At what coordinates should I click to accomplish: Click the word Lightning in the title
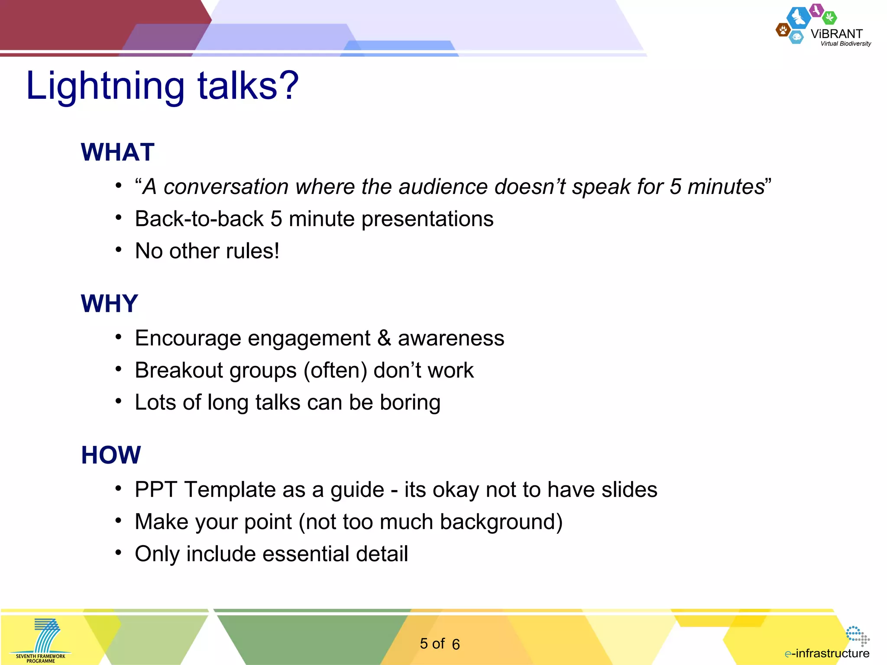[x=105, y=85]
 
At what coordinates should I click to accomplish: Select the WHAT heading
[x=117, y=152]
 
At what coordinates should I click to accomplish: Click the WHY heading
[x=109, y=303]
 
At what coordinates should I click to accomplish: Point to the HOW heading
[x=111, y=455]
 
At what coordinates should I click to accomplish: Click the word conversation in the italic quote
[x=226, y=187]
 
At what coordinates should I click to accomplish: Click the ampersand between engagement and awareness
[x=384, y=338]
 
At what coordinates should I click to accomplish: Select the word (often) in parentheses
[x=335, y=371]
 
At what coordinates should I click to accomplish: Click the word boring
[x=410, y=403]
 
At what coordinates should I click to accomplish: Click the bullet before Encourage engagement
[x=118, y=337]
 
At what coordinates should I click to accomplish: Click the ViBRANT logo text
[x=836, y=34]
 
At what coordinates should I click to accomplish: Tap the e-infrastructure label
[x=827, y=653]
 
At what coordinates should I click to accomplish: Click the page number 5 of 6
[x=439, y=644]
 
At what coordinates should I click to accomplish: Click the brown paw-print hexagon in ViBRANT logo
[x=783, y=30]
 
